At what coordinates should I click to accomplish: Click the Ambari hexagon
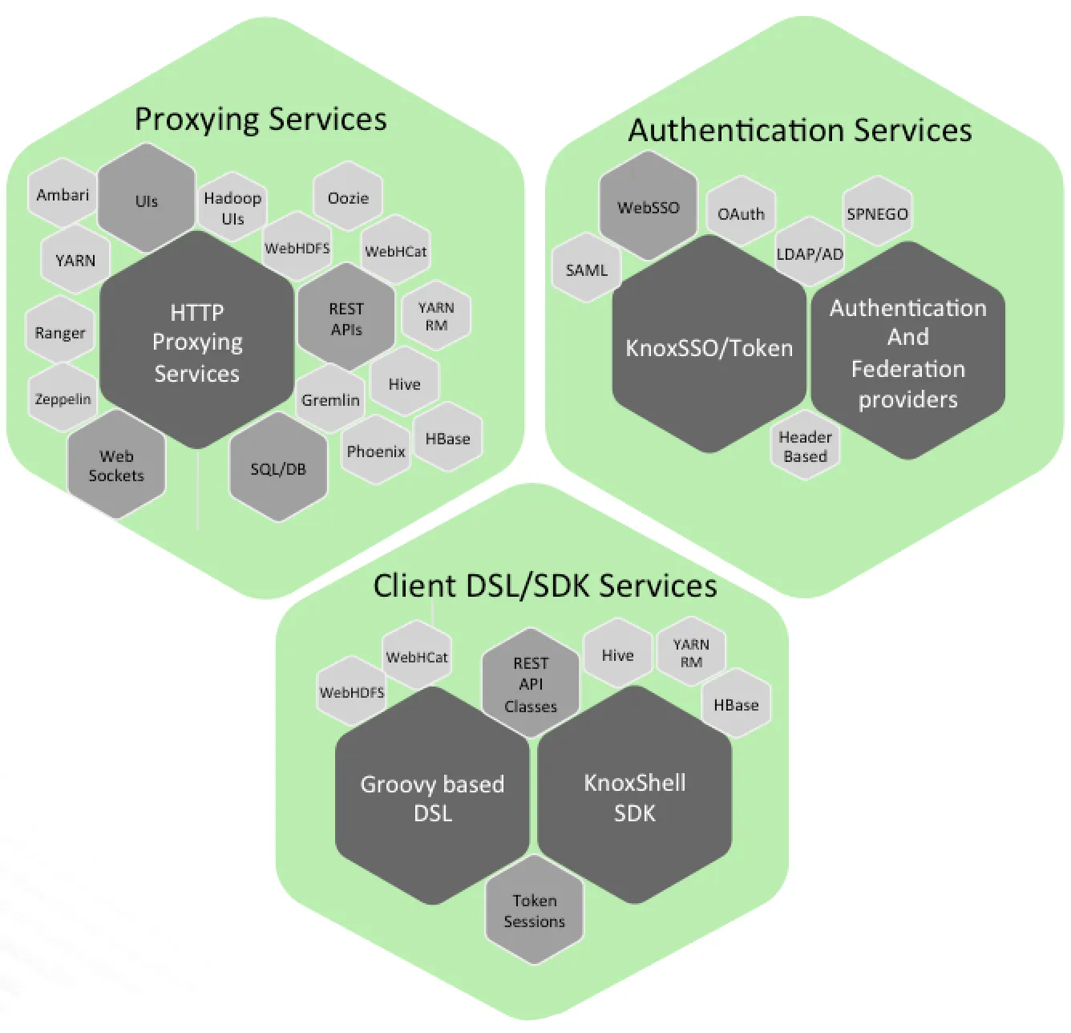click(x=63, y=195)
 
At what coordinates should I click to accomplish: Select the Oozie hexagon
click(x=348, y=197)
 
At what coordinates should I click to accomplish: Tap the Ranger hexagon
click(x=60, y=332)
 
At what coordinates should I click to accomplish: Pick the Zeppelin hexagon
click(x=63, y=399)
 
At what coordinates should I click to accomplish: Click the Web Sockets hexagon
click(x=116, y=466)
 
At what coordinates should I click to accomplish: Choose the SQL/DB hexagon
click(x=278, y=469)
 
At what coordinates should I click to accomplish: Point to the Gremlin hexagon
click(x=330, y=399)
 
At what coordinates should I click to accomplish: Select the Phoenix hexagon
click(x=376, y=451)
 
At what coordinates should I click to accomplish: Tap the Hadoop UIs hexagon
click(x=232, y=208)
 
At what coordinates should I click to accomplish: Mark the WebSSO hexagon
click(x=648, y=207)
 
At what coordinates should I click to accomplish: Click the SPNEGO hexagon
click(x=877, y=214)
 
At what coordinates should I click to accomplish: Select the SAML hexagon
click(x=587, y=270)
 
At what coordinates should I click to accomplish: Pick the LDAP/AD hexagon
click(x=810, y=254)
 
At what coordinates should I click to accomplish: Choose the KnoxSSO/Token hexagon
click(x=709, y=348)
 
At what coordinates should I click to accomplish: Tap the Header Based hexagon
click(x=805, y=447)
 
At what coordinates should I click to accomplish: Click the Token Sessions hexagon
click(x=535, y=911)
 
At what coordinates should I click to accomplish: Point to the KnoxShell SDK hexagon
click(x=634, y=797)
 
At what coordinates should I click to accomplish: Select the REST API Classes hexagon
click(x=531, y=685)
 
